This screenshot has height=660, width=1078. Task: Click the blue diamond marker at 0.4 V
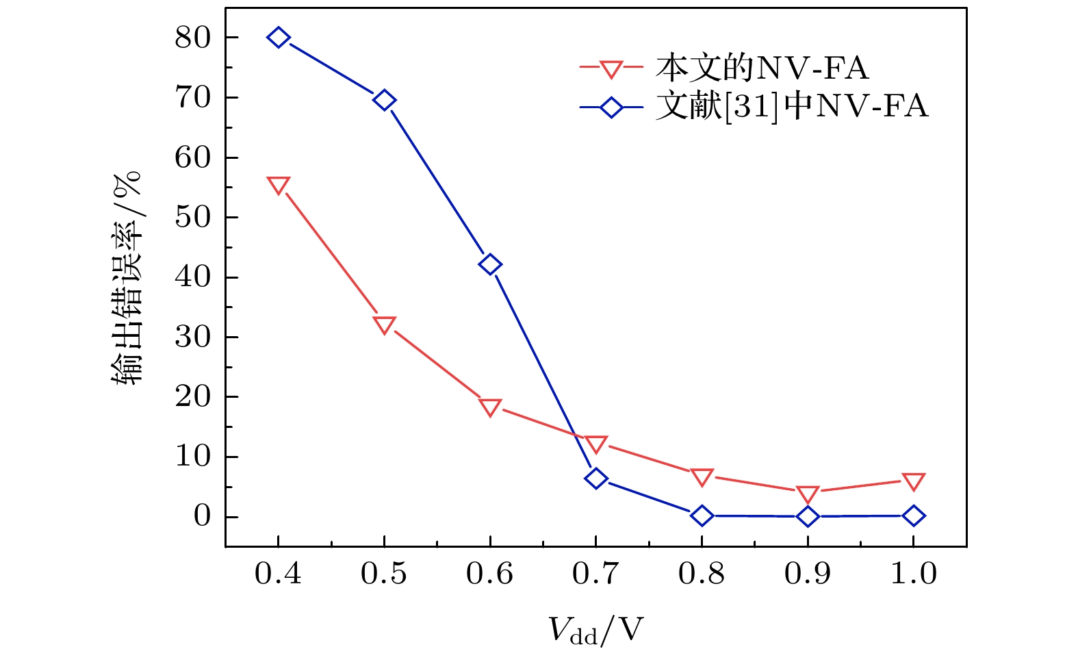[x=278, y=38]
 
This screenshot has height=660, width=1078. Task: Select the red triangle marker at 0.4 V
[x=278, y=185]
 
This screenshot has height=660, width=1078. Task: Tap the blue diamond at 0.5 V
[x=384, y=101]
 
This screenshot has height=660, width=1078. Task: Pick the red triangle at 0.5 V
[x=384, y=325]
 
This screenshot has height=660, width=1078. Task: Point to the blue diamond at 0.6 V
[x=490, y=264]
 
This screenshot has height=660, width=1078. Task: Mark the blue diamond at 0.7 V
[x=595, y=478]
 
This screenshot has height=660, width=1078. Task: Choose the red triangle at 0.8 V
[x=702, y=477]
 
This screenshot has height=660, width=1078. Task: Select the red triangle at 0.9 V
[x=808, y=494]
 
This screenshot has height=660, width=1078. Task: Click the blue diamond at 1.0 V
[x=913, y=516]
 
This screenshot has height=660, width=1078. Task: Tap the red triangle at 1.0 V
[x=913, y=481]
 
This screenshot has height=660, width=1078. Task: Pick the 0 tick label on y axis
[x=202, y=516]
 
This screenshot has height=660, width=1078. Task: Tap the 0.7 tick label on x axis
[x=595, y=574]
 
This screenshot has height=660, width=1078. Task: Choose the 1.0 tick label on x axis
[x=913, y=574]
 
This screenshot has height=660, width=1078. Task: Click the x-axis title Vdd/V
[x=596, y=631]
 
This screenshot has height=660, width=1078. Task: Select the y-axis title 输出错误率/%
[x=127, y=277]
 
